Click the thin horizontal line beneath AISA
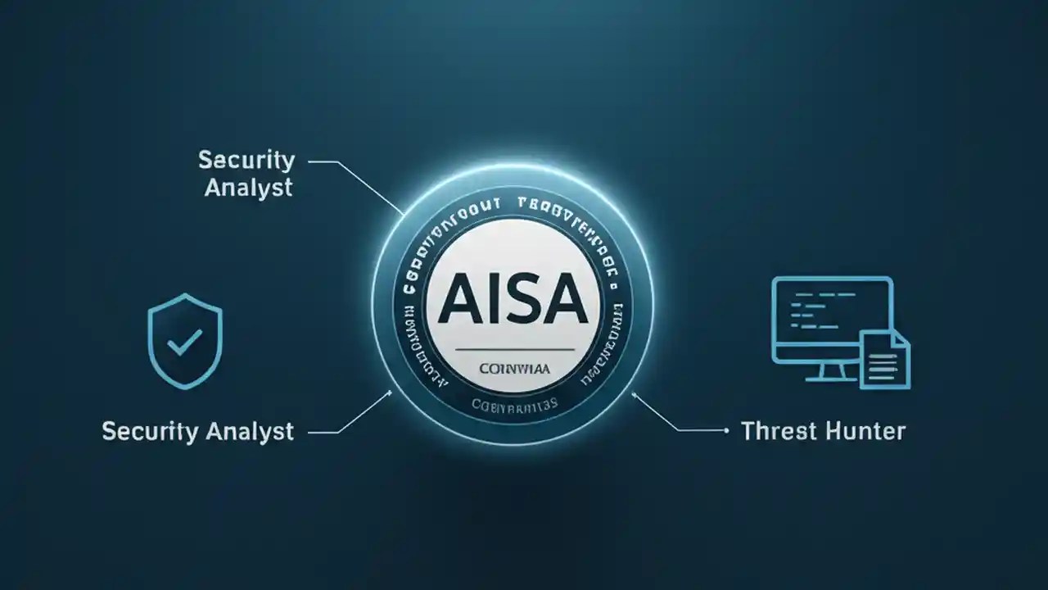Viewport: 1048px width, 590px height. (513, 351)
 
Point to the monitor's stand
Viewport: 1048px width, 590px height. (827, 373)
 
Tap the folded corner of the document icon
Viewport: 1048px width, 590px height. (901, 338)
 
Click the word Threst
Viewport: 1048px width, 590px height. (778, 430)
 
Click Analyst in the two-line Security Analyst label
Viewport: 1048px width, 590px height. (248, 187)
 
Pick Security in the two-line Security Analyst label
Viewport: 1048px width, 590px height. (246, 160)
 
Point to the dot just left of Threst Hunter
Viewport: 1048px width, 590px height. (727, 429)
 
